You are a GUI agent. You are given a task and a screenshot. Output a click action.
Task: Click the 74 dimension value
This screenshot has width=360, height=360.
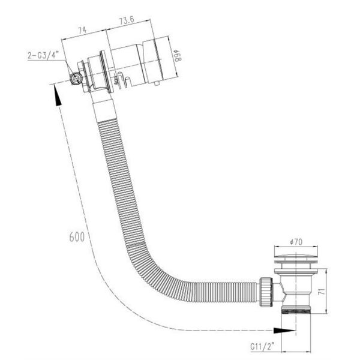click(x=82, y=31)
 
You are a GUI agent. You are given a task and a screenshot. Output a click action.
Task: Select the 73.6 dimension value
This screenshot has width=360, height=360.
click(x=127, y=20)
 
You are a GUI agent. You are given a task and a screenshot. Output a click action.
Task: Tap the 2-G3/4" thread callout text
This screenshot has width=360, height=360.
click(x=43, y=55)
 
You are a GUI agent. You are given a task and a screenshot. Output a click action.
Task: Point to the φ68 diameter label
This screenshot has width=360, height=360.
click(x=178, y=56)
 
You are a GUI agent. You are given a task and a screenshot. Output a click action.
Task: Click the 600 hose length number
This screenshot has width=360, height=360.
click(x=77, y=237)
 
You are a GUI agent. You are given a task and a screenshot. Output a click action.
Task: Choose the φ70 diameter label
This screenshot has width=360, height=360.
click(x=296, y=242)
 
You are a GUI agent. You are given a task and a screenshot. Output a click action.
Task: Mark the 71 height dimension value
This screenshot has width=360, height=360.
click(x=323, y=292)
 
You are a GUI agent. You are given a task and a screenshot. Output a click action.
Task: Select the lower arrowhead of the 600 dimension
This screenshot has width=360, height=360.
click(x=284, y=331)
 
